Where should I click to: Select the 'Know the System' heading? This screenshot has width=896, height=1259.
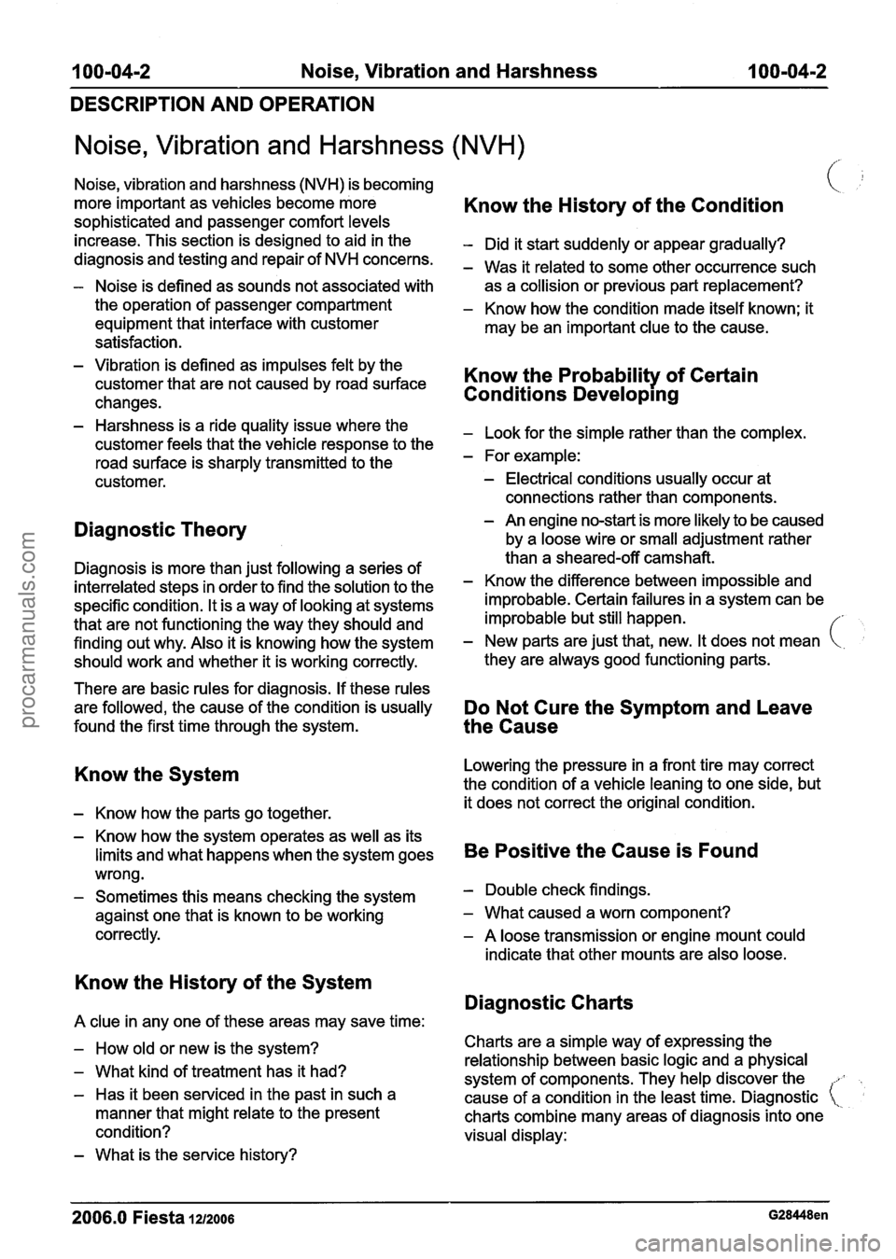tap(155, 775)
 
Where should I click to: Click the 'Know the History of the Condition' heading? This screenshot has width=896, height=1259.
tap(623, 205)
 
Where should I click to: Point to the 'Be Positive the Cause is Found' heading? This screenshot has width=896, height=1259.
tap(610, 850)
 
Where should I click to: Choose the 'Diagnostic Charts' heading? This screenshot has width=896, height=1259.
tap(548, 1002)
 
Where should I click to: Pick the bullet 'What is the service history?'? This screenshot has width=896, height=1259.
tap(196, 1154)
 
